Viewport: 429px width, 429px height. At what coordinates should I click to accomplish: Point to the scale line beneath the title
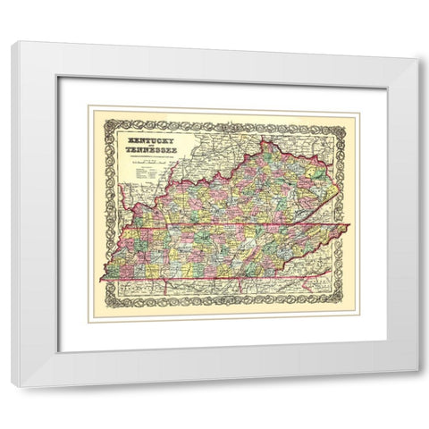(x=147, y=165)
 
